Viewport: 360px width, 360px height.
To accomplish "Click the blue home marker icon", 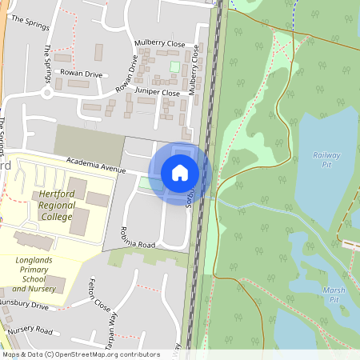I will tap(180, 173).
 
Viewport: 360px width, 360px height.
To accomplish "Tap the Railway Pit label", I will tap(326, 159).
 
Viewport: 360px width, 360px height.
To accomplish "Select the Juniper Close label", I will tap(158, 93).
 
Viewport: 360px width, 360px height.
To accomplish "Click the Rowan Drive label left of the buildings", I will tap(82, 73).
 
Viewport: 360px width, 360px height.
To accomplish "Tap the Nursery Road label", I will tap(30, 330).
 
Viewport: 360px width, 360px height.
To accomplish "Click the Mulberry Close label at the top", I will tap(159, 44).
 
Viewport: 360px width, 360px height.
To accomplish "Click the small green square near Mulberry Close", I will tap(174, 66).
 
